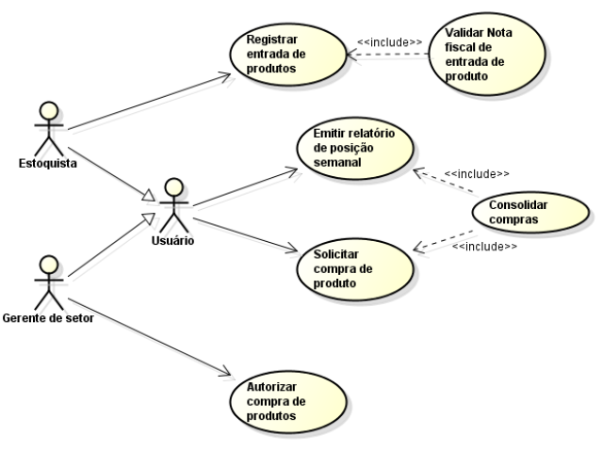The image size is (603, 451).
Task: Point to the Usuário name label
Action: click(171, 239)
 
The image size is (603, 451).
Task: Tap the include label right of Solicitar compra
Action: click(484, 247)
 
